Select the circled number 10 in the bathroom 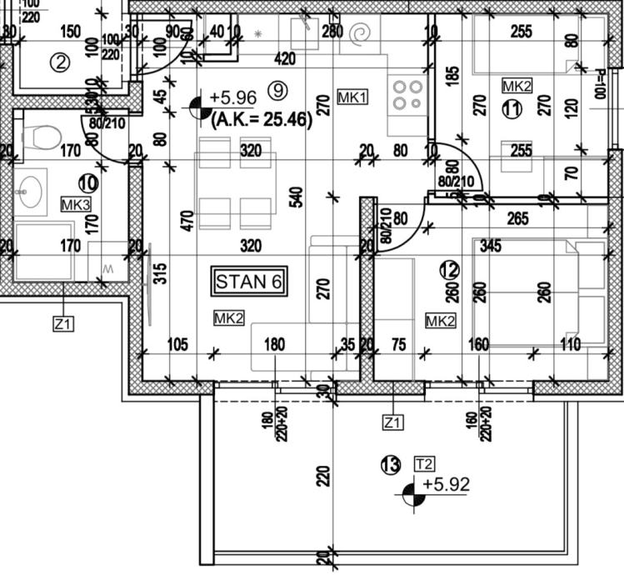(87, 181)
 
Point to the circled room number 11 (512, 108)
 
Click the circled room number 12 (449, 270)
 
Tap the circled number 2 (58, 61)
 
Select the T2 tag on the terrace (424, 463)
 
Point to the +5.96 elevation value (233, 97)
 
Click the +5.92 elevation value (446, 484)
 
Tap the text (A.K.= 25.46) (262, 120)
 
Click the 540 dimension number (297, 198)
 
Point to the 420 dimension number (285, 58)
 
